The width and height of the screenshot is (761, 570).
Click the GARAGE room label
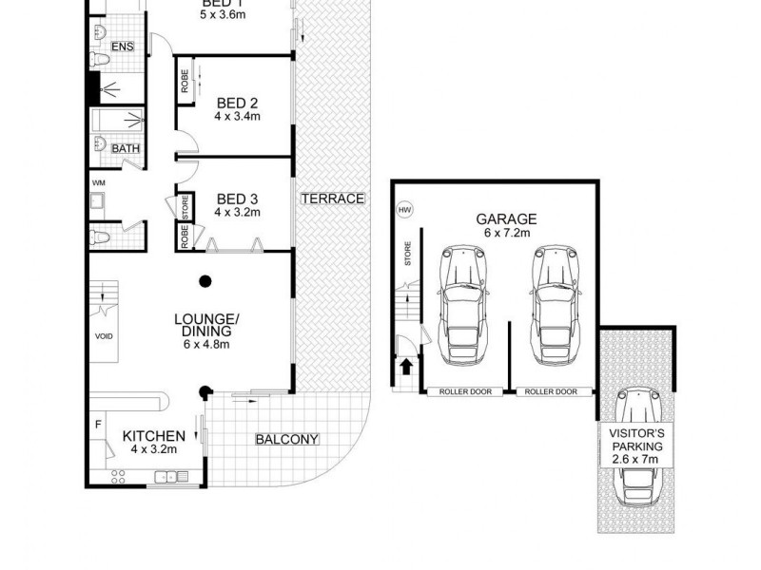click(x=507, y=218)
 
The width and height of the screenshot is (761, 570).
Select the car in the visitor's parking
click(x=638, y=447)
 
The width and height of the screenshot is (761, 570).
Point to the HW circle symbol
click(x=403, y=210)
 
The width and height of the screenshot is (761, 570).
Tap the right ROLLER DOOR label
click(x=552, y=391)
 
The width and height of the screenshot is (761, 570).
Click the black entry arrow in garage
click(x=406, y=365)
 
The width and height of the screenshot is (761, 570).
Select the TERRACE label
click(x=332, y=199)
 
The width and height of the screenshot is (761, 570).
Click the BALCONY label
click(x=286, y=439)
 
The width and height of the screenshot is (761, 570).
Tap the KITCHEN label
click(x=153, y=436)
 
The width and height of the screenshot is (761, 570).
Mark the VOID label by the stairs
click(x=104, y=335)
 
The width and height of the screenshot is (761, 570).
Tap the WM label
click(x=98, y=182)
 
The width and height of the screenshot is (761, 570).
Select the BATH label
click(x=125, y=149)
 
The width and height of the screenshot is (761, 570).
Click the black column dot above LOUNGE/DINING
click(x=204, y=280)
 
